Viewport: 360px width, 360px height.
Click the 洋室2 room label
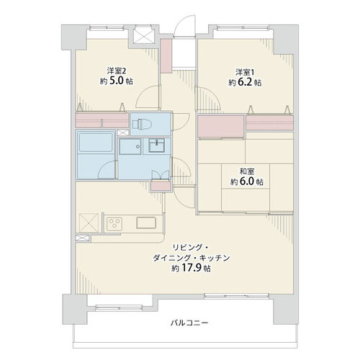117,71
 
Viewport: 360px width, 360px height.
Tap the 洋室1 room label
245,72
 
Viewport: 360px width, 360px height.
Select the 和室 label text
247,171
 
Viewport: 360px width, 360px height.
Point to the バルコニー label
189,323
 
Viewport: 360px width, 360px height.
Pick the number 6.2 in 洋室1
245,82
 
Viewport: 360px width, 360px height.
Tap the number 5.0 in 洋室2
117,81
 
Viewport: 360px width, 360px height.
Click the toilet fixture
142,124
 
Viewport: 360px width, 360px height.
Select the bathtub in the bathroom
96,143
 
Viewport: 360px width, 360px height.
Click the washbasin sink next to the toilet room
156,145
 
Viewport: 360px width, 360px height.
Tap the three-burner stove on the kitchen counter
114,223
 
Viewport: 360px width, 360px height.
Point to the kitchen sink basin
146,222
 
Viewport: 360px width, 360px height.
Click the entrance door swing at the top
184,26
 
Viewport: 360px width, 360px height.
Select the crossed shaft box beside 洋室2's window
143,35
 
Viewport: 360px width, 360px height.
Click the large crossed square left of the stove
89,223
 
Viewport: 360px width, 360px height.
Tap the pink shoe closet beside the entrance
166,55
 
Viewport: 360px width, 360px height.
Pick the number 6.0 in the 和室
247,181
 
